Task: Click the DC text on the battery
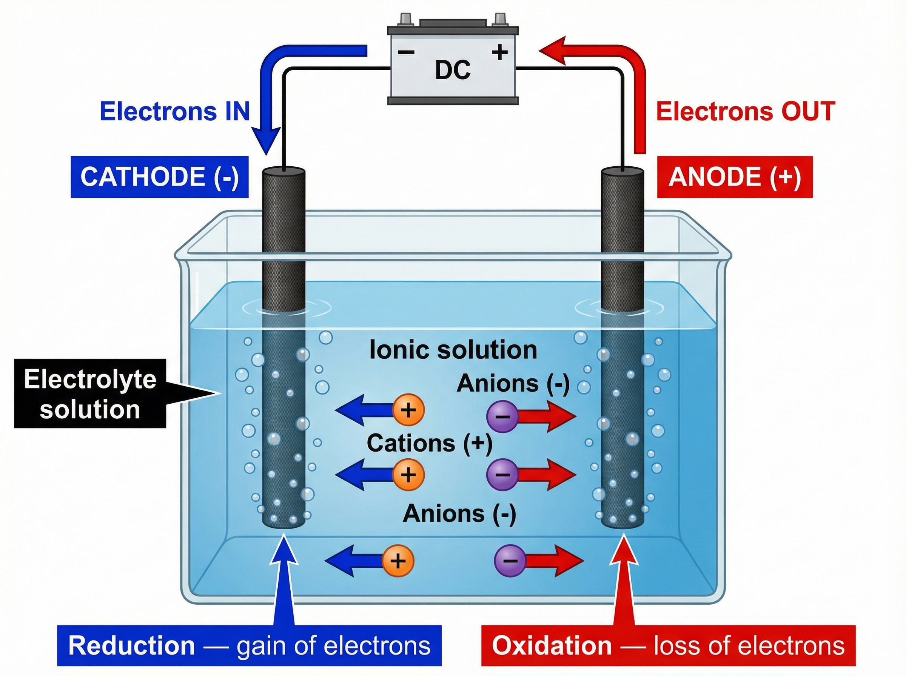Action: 452,70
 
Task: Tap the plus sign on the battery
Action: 499,52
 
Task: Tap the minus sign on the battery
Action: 406,52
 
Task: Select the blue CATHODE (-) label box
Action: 159,177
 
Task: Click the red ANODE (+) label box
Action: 735,177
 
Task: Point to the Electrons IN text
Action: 175,111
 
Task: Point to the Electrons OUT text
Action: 746,111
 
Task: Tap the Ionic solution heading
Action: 453,350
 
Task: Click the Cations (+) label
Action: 430,443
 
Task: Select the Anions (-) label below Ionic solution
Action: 513,384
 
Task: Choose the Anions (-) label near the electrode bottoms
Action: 459,513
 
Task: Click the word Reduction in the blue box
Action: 131,646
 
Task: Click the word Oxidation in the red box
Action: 552,646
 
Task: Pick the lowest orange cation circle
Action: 398,561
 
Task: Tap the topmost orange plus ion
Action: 408,410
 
